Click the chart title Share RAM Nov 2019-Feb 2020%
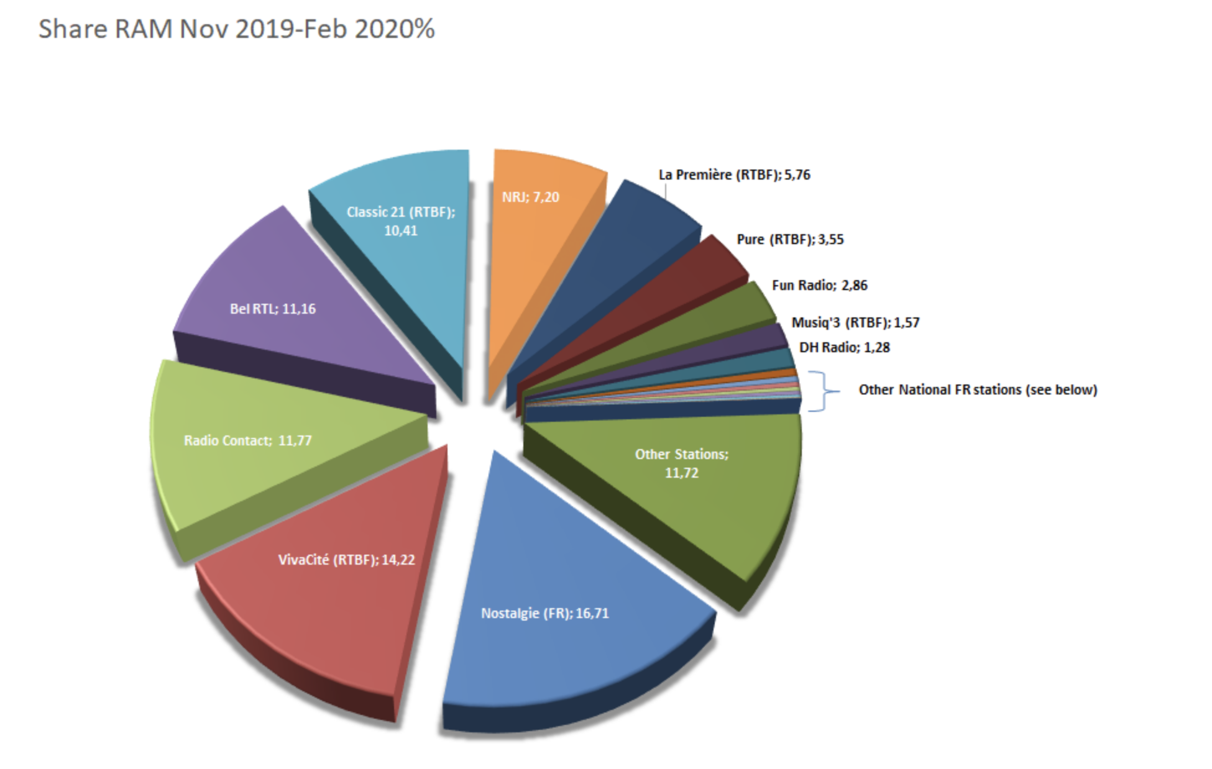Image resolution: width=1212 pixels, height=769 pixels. point(236,29)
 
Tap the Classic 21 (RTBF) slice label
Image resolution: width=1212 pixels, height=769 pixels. point(401,221)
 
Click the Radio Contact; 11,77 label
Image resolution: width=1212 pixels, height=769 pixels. point(247,440)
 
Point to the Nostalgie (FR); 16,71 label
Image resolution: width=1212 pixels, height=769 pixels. point(545,613)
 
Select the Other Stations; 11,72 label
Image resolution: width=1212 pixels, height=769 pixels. point(681,463)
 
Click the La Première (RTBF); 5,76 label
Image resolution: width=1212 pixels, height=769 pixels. point(734,175)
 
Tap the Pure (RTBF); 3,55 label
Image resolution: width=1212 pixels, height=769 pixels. point(790,239)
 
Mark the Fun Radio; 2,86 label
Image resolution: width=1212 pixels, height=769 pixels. point(819,285)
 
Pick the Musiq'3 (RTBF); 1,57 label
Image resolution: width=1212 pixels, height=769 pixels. point(855,322)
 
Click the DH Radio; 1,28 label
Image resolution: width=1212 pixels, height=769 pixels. point(844,347)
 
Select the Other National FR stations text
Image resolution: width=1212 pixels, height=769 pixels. point(978,389)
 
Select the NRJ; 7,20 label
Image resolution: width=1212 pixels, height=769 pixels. point(530,197)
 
